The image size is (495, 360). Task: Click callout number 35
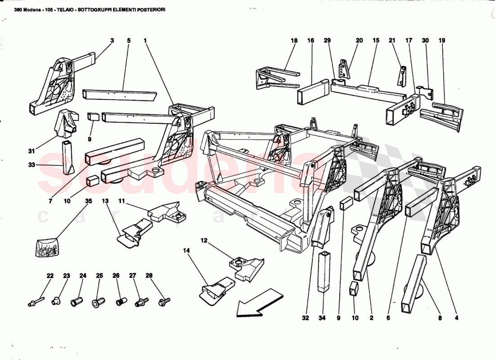89,201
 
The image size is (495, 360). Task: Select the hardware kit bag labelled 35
47,247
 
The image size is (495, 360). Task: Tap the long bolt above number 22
36,301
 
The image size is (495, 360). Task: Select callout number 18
294,40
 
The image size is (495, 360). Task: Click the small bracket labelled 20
345,70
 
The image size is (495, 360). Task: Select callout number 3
112,40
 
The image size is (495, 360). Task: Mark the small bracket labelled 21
402,75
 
